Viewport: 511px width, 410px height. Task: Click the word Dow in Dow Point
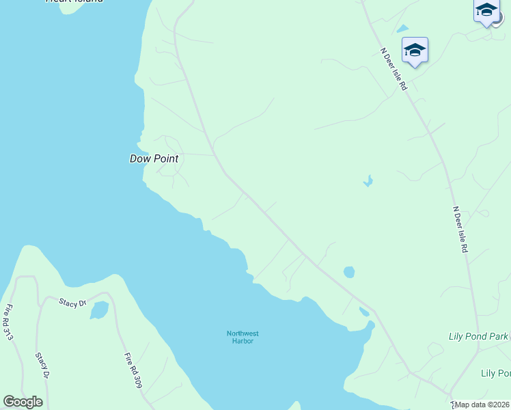[139, 159]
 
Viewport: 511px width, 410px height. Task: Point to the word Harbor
[243, 341]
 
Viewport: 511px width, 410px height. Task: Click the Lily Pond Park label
[478, 336]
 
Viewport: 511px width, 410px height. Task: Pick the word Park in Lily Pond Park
[499, 336]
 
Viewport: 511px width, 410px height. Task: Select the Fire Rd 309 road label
[133, 370]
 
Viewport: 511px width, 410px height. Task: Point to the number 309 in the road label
[137, 380]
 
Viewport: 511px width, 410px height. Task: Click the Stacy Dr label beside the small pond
[72, 302]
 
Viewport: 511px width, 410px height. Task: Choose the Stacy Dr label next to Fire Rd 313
[42, 366]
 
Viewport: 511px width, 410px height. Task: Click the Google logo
[23, 402]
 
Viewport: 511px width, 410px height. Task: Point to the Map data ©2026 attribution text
[482, 405]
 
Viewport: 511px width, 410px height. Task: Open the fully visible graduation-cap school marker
[415, 51]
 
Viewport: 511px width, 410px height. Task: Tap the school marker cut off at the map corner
[487, 11]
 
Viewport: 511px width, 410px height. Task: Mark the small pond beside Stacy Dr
[99, 310]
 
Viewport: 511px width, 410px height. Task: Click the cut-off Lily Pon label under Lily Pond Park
[496, 373]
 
